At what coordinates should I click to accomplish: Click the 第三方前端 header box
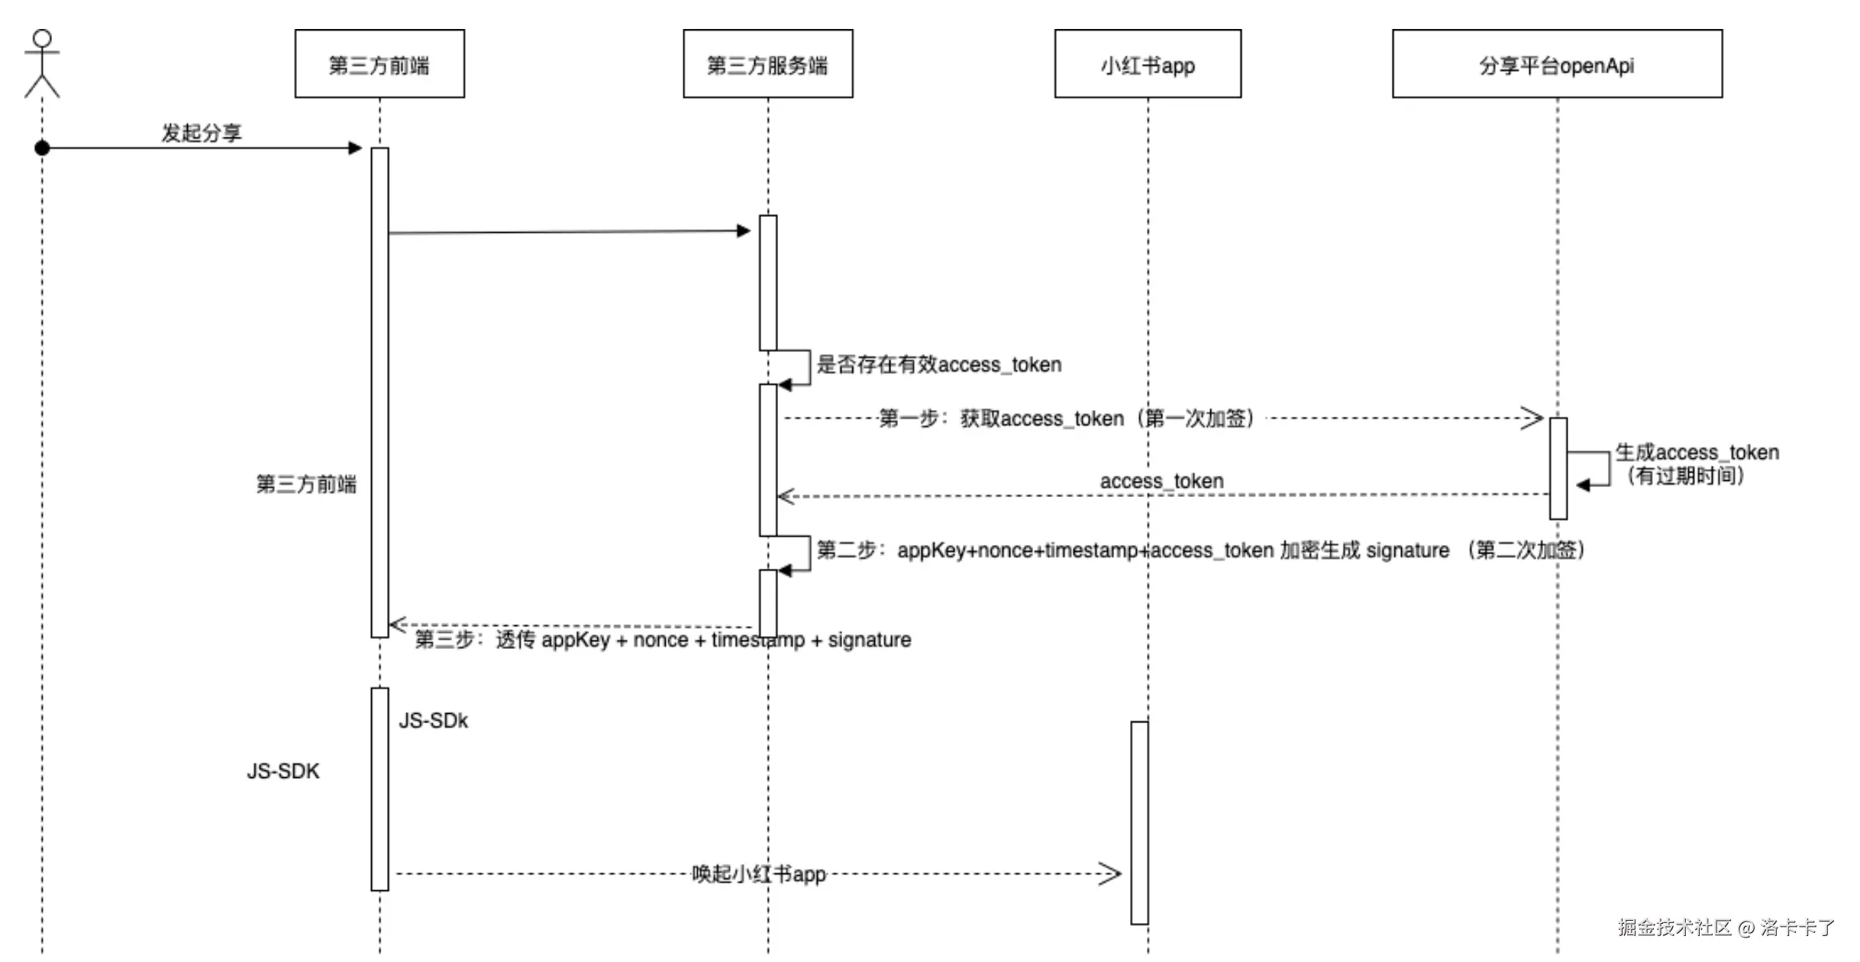(x=379, y=64)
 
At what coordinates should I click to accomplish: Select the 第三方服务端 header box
(x=767, y=64)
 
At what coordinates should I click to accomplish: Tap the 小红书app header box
(x=1148, y=64)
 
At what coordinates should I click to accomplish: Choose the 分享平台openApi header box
(x=1557, y=64)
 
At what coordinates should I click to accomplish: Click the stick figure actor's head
(x=42, y=39)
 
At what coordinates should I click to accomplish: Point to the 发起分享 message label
(x=202, y=133)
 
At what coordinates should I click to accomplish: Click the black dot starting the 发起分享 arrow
(x=43, y=148)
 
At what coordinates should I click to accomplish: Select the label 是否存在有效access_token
(x=939, y=364)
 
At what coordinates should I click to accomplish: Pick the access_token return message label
(x=1161, y=481)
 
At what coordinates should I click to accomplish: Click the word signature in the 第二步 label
(x=1407, y=550)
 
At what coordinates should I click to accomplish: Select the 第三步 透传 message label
(x=663, y=640)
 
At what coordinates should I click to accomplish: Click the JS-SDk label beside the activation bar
(x=433, y=721)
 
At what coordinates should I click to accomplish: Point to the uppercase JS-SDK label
(x=283, y=771)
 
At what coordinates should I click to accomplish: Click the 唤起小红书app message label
(x=759, y=873)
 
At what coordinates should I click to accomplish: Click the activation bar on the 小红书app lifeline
(x=1139, y=822)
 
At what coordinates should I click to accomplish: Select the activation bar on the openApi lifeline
(x=1558, y=468)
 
